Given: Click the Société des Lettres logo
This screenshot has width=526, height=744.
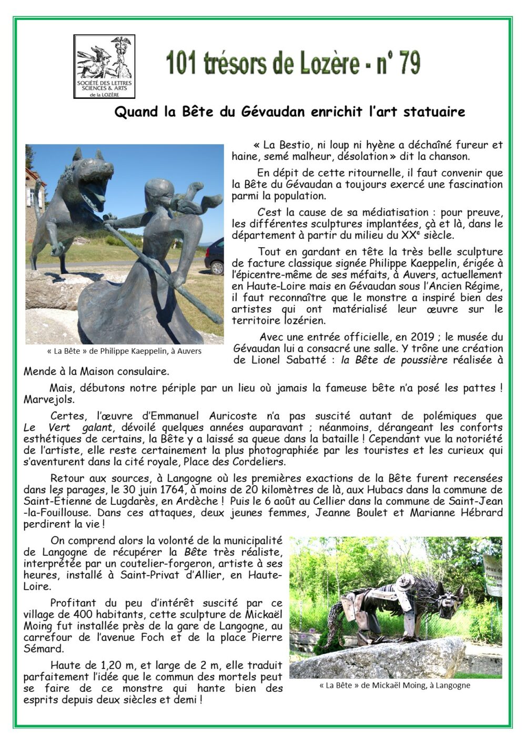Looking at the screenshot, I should tap(104, 66).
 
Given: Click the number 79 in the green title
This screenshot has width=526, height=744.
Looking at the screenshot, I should tap(409, 64).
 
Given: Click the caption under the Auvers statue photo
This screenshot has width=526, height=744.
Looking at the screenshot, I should tap(124, 351).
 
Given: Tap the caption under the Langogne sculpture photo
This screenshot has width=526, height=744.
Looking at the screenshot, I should tap(394, 685).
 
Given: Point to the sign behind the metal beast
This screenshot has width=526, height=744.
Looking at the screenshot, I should tap(492, 573).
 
